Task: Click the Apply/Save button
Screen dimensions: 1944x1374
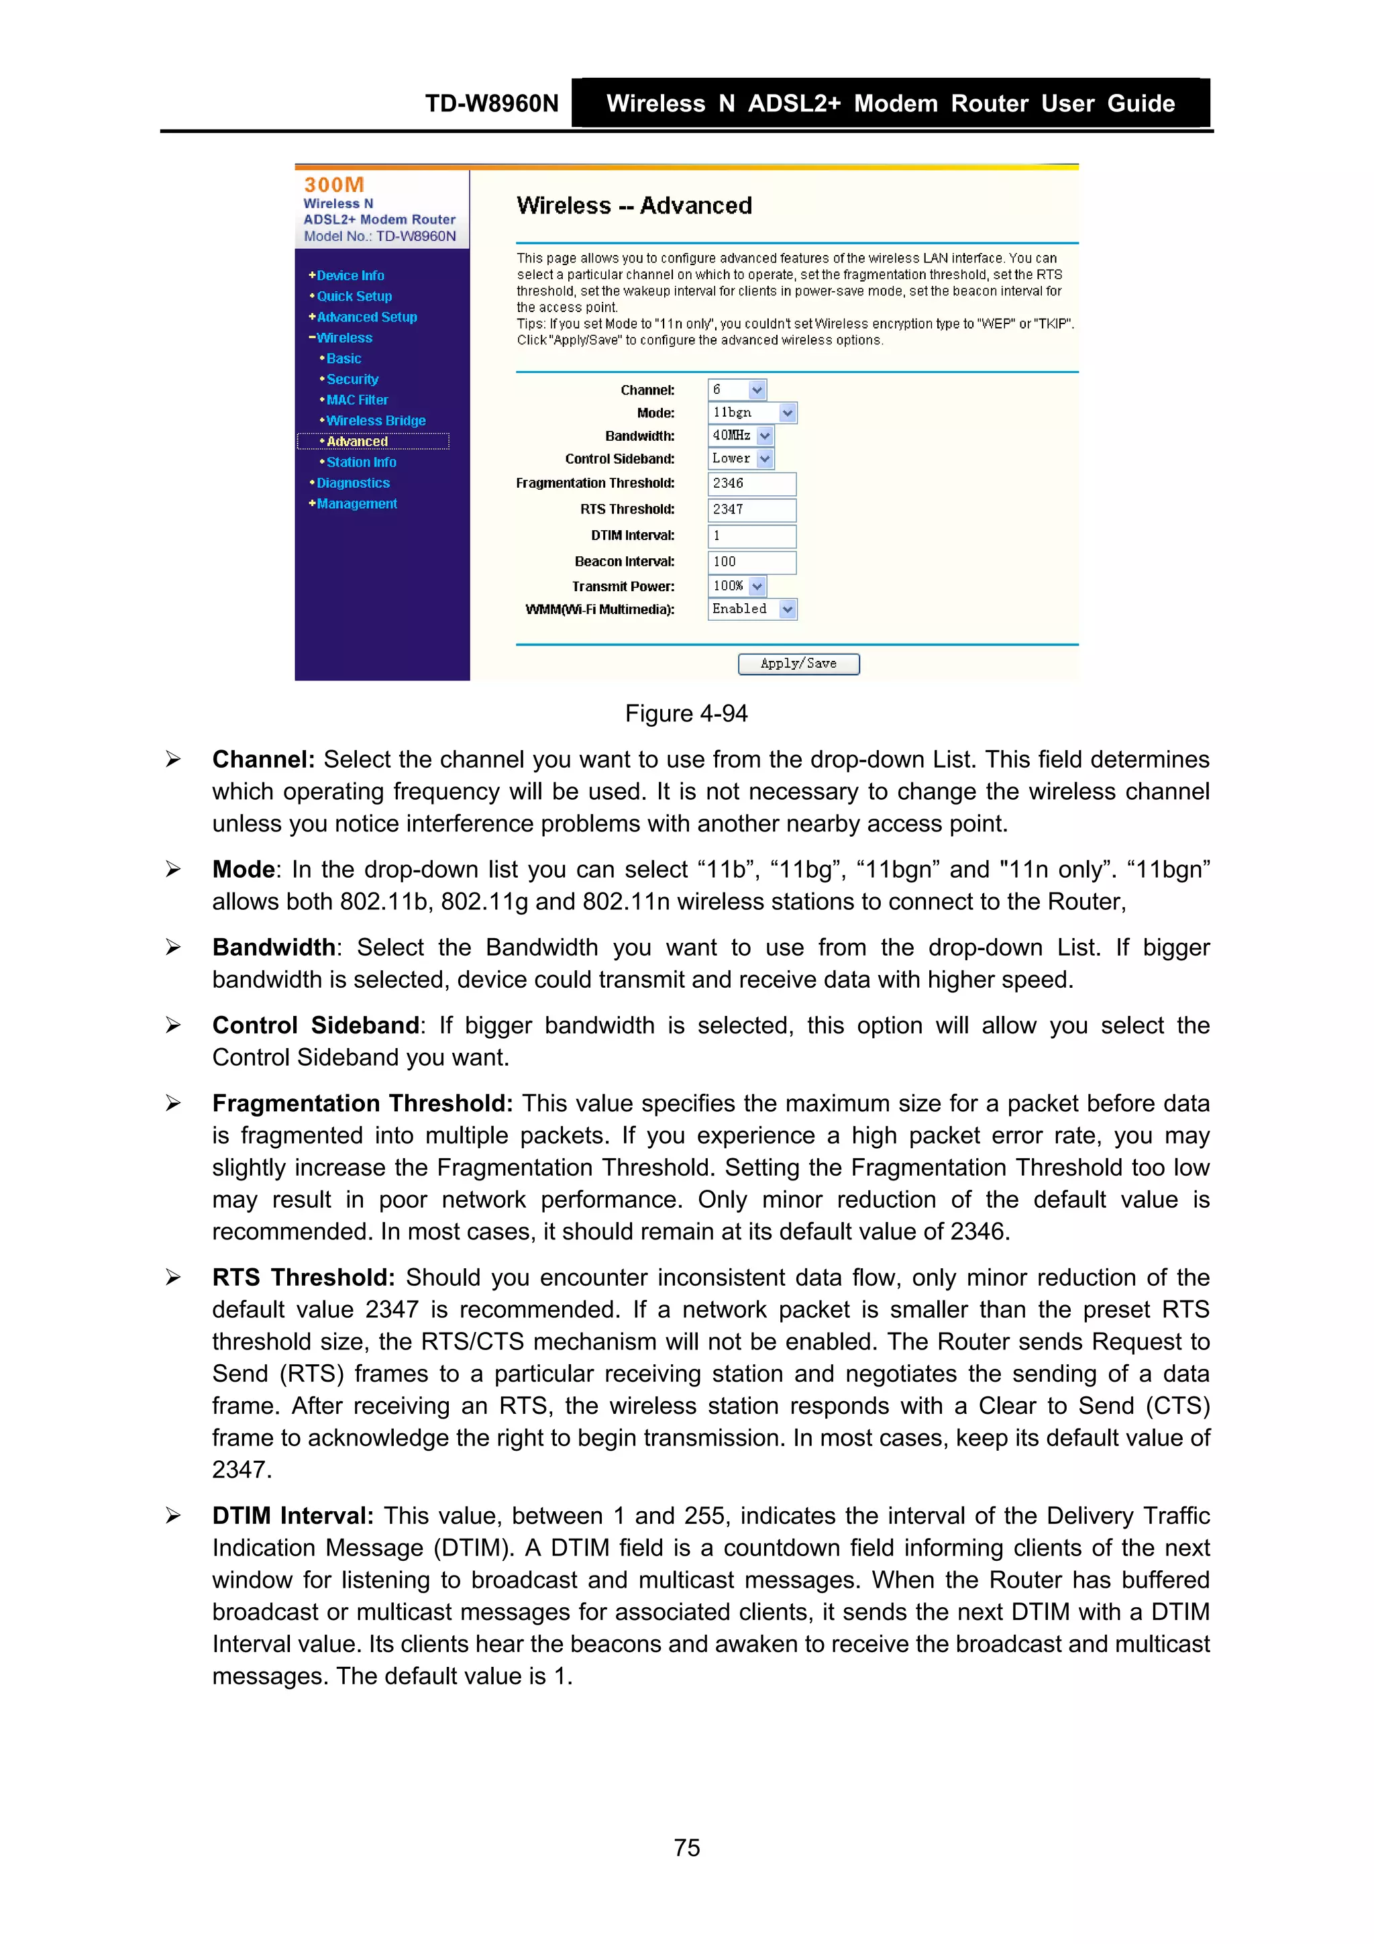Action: (x=798, y=664)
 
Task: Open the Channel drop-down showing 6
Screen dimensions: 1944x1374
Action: (x=737, y=389)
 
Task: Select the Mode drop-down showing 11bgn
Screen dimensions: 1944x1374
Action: (x=752, y=412)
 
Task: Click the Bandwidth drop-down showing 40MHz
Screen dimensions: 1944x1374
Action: (x=741, y=436)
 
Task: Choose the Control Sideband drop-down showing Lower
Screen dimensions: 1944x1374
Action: (x=741, y=458)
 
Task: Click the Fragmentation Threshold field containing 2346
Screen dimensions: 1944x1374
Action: (x=751, y=483)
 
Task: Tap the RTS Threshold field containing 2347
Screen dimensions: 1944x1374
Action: (x=751, y=510)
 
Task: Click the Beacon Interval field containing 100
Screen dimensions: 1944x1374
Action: (x=751, y=562)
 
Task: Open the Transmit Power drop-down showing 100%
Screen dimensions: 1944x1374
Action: (x=737, y=586)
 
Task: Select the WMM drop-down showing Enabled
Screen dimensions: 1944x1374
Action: (x=752, y=609)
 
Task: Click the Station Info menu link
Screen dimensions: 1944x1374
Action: (x=361, y=462)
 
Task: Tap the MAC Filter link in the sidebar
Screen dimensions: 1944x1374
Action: (x=358, y=400)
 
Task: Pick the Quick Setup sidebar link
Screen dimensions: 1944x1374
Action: (x=354, y=297)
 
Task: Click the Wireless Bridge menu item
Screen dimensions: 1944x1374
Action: (x=376, y=421)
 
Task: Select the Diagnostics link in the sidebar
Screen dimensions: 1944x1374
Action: (x=353, y=482)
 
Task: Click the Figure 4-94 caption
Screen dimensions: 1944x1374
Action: (x=686, y=714)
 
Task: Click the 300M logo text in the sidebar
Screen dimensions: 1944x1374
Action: (x=333, y=185)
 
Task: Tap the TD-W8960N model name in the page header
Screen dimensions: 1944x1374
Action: (x=491, y=103)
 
